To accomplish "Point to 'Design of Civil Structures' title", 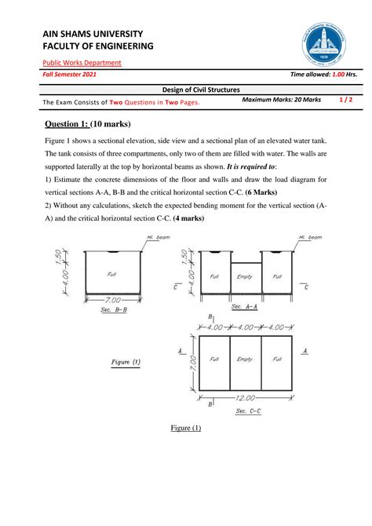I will (185, 90).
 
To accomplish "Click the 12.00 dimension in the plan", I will (250, 398).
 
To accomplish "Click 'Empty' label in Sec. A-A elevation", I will (247, 277).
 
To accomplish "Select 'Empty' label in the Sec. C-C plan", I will (246, 359).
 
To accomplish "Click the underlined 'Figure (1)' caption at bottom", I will (186, 428).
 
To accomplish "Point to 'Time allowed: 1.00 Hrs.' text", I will (323, 75).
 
